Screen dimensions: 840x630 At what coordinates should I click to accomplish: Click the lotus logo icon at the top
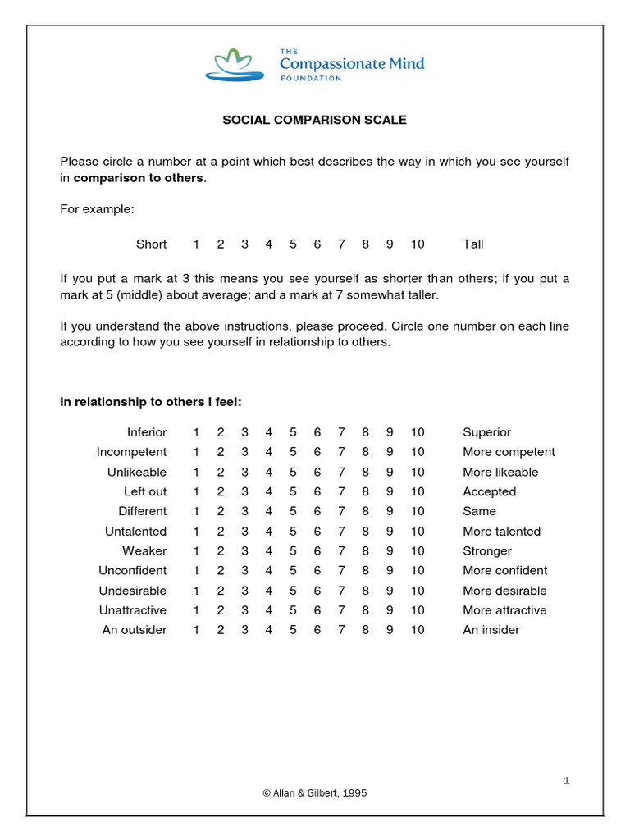pyautogui.click(x=234, y=65)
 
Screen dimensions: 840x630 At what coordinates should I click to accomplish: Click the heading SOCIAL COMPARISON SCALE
pyautogui.click(x=315, y=120)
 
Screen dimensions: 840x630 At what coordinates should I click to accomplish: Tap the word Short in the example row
pyautogui.click(x=151, y=244)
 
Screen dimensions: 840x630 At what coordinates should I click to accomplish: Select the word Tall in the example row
pyautogui.click(x=473, y=244)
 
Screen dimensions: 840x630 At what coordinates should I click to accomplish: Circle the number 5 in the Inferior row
pyautogui.click(x=293, y=432)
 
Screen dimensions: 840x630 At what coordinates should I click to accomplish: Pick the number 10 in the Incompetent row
pyautogui.click(x=418, y=452)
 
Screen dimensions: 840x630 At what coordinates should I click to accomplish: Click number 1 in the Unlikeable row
pyautogui.click(x=196, y=472)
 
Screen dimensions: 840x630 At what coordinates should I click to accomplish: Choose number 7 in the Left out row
pyautogui.click(x=341, y=492)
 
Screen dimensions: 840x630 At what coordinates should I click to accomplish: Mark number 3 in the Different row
pyautogui.click(x=244, y=512)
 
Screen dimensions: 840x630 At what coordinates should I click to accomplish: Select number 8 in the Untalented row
pyautogui.click(x=366, y=532)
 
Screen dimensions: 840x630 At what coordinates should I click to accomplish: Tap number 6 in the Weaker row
pyautogui.click(x=317, y=551)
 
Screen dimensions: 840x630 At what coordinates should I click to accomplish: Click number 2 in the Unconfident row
pyautogui.click(x=221, y=571)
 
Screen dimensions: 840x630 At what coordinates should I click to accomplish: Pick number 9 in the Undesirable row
pyautogui.click(x=390, y=591)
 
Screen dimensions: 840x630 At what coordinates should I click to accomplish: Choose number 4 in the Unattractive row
pyautogui.click(x=269, y=610)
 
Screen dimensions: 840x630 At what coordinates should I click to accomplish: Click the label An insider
pyautogui.click(x=491, y=630)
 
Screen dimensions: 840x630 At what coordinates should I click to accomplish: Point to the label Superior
pyautogui.click(x=486, y=432)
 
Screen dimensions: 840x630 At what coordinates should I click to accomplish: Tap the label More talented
pyautogui.click(x=501, y=532)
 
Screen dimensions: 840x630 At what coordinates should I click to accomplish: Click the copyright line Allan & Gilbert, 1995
pyautogui.click(x=315, y=793)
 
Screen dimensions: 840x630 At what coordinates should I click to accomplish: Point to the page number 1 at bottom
pyautogui.click(x=566, y=781)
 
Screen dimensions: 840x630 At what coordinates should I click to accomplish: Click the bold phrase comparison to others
pyautogui.click(x=138, y=178)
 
